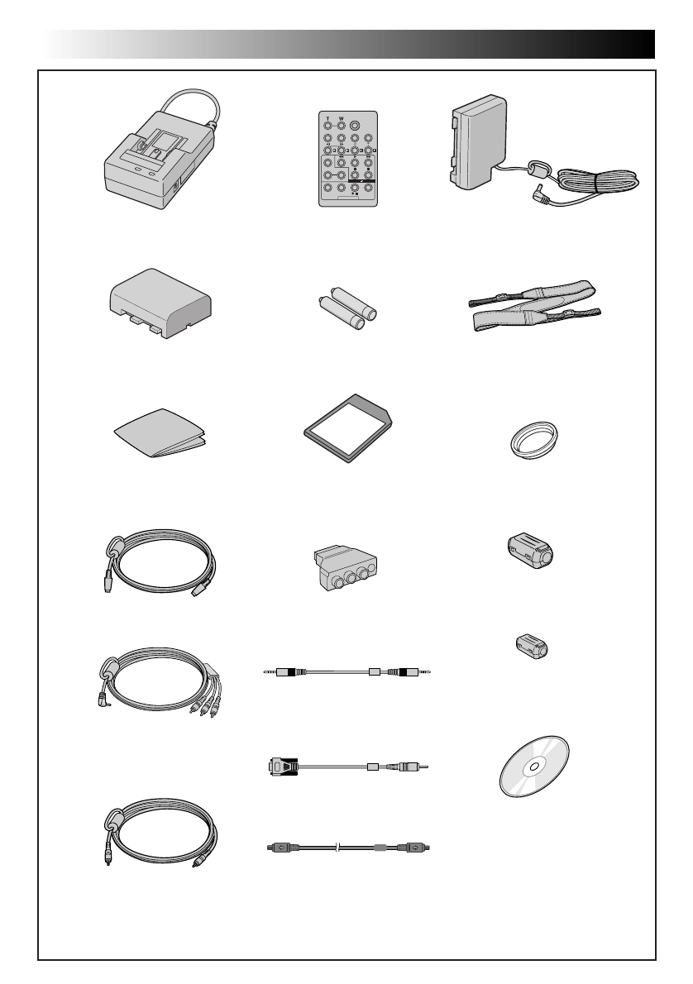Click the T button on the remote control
point(327,127)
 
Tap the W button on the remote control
point(341,127)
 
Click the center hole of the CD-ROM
point(533,766)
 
